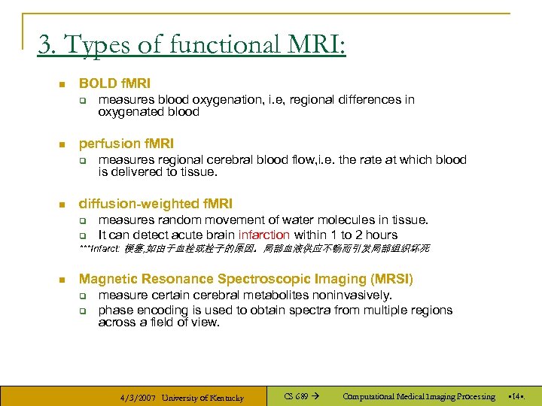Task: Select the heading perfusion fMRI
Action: tap(126, 143)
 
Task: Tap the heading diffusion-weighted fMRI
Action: tap(156, 203)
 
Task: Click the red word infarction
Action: tap(263, 235)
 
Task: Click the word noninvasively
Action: tap(349, 295)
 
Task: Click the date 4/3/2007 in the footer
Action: tap(138, 397)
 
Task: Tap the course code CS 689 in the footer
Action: tap(296, 396)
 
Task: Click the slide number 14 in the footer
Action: tap(517, 396)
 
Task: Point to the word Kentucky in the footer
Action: tap(226, 397)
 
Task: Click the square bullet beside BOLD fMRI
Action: tap(61, 84)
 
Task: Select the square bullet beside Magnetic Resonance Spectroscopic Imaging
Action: tap(61, 280)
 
